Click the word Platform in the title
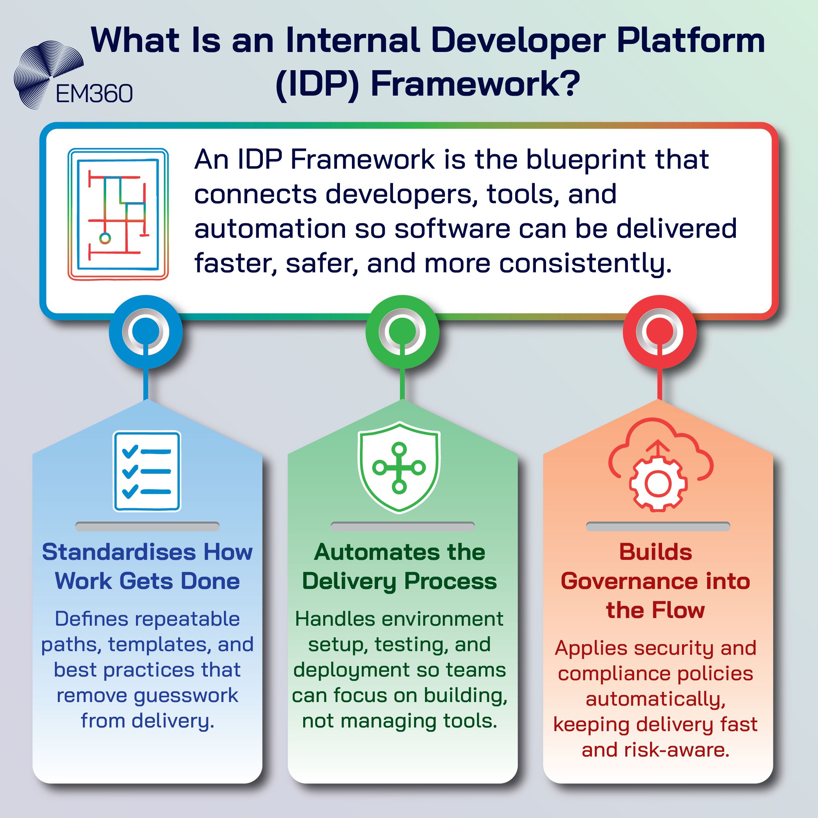690,41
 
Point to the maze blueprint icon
118,214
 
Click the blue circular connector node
146,332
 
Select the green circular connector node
402,332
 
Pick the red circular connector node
659,332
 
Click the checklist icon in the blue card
147,471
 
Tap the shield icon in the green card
399,468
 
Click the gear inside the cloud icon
658,484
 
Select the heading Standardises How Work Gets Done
147,566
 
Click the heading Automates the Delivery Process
399,566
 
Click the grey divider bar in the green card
402,526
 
